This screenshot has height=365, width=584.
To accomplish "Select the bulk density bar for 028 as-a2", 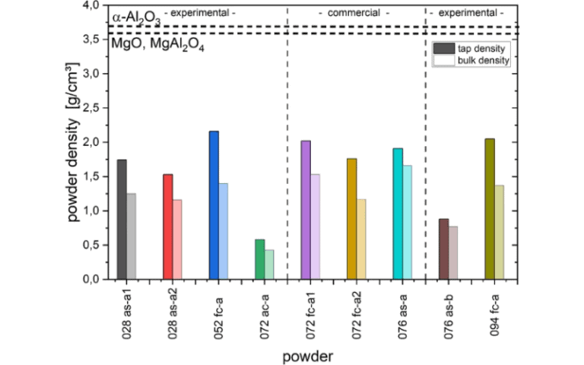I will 176,240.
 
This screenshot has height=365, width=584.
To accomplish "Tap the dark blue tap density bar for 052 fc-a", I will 214,205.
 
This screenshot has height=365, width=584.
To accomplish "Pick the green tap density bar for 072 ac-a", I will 259,259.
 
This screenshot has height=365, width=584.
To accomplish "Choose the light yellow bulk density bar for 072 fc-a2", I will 360,239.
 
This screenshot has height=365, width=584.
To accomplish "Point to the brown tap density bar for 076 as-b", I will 443,249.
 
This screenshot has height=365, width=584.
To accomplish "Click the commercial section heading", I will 354,14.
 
